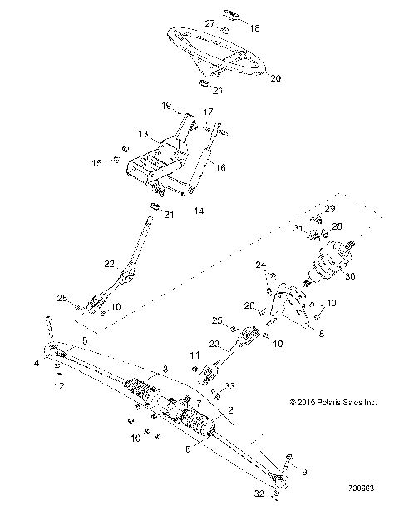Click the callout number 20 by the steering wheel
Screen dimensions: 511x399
coord(276,78)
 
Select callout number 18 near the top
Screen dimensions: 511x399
coord(254,28)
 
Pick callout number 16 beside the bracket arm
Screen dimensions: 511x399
coord(220,167)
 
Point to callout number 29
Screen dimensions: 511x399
coord(352,208)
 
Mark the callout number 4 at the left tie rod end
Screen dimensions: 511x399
coord(37,362)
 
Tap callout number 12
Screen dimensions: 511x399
coord(57,386)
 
